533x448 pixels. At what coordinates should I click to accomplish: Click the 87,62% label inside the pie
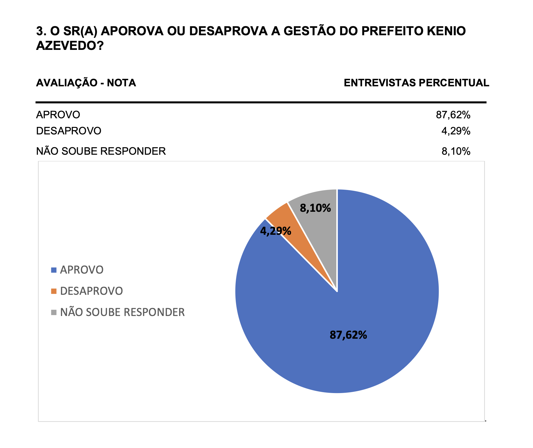point(348,335)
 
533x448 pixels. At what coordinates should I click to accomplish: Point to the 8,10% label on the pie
point(315,208)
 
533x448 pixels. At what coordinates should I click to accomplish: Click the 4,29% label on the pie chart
point(276,231)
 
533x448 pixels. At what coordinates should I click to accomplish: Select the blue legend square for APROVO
point(54,270)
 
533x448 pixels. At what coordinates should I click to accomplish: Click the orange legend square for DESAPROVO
point(54,291)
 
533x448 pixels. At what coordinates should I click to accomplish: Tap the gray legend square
point(54,312)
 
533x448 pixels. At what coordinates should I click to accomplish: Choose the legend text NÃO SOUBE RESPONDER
point(122,312)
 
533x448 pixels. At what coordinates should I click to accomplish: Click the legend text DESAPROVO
point(92,291)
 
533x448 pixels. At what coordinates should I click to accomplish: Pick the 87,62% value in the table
point(453,115)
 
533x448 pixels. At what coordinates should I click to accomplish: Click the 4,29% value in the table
point(456,131)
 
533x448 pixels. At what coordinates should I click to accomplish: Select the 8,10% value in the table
point(456,151)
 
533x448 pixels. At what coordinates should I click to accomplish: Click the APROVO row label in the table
point(58,115)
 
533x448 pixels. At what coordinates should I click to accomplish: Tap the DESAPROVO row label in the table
point(69,131)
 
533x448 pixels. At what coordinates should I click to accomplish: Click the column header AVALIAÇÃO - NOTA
point(86,83)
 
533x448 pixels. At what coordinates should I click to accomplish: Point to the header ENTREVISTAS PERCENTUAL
point(417,83)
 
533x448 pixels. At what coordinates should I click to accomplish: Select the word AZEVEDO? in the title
point(70,46)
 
